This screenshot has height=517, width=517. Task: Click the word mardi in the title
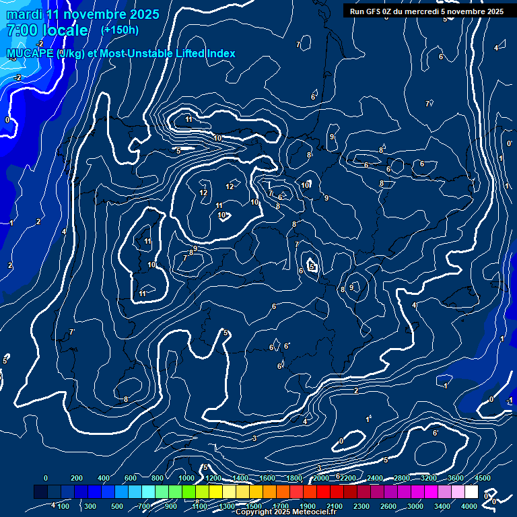pos(23,14)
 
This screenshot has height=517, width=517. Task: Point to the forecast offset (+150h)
pos(120,30)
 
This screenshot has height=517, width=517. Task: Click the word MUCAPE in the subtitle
pos(31,53)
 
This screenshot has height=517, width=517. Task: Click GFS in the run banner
pos(377,11)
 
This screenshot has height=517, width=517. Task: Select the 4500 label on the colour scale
pos(483,478)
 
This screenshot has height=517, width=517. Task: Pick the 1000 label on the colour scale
pos(186,478)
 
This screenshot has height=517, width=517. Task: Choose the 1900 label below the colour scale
pos(308,506)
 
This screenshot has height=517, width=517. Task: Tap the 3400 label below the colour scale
pos(443,506)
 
